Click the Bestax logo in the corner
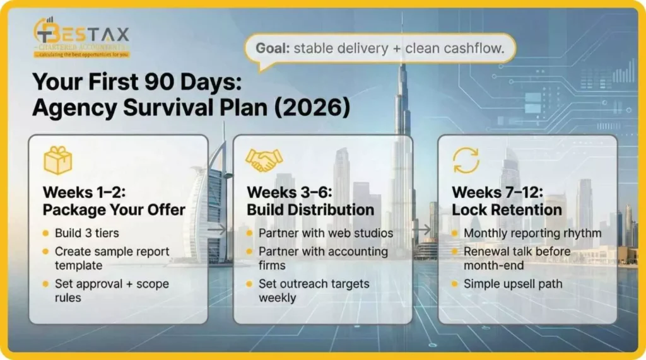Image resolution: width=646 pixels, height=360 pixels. click(81, 38)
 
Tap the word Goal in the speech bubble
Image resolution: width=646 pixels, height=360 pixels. click(273, 48)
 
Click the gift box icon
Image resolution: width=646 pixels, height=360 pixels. click(57, 160)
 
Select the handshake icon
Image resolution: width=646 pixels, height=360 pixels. click(263, 160)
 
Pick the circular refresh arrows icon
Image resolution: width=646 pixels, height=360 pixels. click(466, 160)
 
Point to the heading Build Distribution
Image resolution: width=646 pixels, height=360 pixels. click(310, 209)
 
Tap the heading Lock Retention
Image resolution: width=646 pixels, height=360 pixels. click(507, 209)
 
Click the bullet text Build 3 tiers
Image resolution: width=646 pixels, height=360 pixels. click(86, 233)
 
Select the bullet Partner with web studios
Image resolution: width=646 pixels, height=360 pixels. click(326, 233)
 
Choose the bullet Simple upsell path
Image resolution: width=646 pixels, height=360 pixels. click(512, 284)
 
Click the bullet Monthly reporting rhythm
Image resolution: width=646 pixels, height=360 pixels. click(532, 233)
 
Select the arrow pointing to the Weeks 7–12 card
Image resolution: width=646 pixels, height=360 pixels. click(424, 230)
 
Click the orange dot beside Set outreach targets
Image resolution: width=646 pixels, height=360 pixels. click(249, 284)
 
